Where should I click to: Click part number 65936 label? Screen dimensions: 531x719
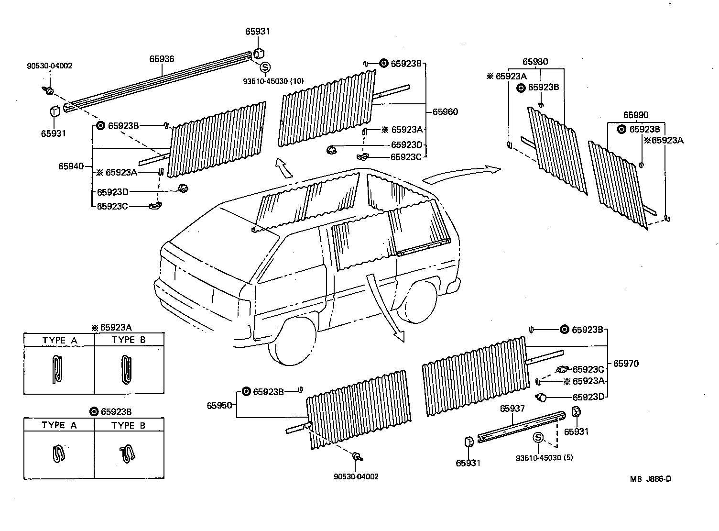pyautogui.click(x=162, y=59)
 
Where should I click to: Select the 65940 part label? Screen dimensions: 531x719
pyautogui.click(x=71, y=166)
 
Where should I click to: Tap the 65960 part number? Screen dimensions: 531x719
pyautogui.click(x=445, y=112)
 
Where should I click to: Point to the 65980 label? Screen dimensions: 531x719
pyautogui.click(x=535, y=62)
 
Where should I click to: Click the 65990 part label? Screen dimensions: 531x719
pyautogui.click(x=636, y=115)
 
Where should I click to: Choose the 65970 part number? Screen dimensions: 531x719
pyautogui.click(x=626, y=364)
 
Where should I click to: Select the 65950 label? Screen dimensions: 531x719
pyautogui.click(x=219, y=406)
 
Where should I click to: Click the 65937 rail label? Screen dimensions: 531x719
pyautogui.click(x=512, y=409)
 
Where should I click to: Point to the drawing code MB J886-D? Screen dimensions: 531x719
pyautogui.click(x=650, y=479)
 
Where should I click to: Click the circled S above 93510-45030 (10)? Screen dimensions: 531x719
pyautogui.click(x=265, y=67)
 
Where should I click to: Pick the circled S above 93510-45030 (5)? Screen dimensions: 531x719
pyautogui.click(x=538, y=438)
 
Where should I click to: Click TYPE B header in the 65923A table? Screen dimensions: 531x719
pyautogui.click(x=129, y=340)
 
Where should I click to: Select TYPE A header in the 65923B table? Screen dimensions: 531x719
pyautogui.click(x=59, y=425)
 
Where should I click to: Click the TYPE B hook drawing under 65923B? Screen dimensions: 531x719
pyautogui.click(x=127, y=453)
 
